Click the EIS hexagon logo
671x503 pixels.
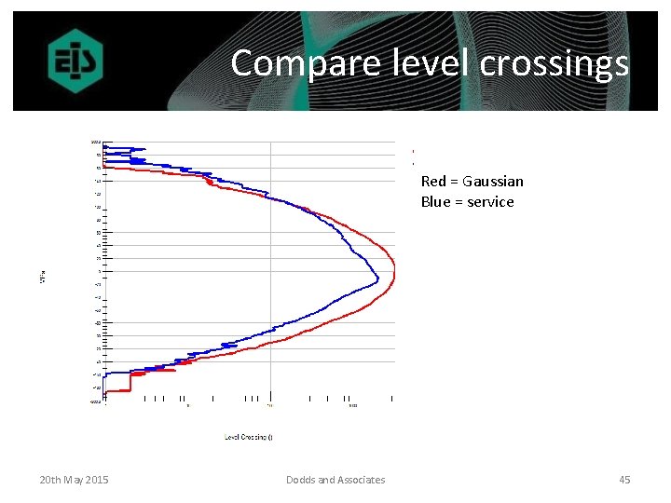coord(75,62)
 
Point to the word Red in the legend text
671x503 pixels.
coord(433,182)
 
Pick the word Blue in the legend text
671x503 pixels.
coord(435,202)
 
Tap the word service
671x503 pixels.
coord(490,202)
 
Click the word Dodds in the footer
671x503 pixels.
coord(301,480)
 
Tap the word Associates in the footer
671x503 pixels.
coord(361,480)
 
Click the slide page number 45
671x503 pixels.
coord(624,480)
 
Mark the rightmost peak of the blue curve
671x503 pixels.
coord(377,278)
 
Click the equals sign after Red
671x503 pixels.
coord(454,182)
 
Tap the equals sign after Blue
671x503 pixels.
coord(458,202)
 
